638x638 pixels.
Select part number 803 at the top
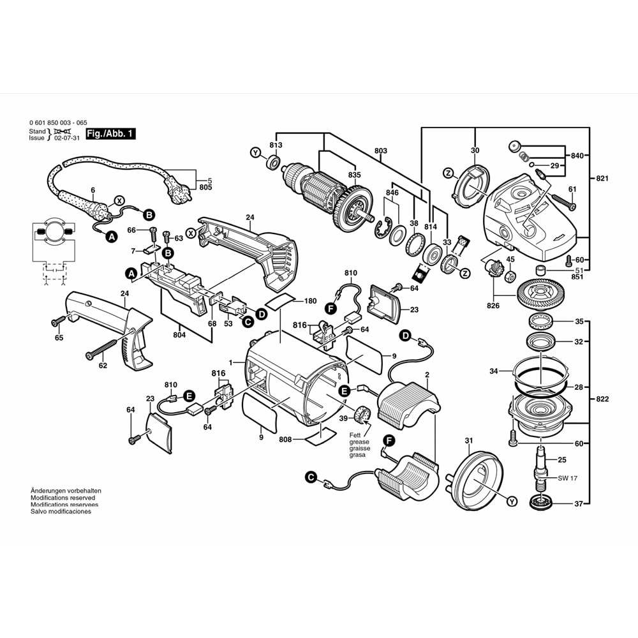pos(380,151)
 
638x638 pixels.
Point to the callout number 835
pos(354,175)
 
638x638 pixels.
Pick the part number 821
pos(602,179)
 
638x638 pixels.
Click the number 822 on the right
pos(602,399)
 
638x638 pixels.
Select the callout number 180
pos(310,301)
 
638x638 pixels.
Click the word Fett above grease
pos(355,435)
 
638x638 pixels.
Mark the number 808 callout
pos(286,440)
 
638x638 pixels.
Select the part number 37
pos(578,504)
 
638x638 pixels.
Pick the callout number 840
pos(577,156)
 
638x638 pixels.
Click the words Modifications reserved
pos(63,498)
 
